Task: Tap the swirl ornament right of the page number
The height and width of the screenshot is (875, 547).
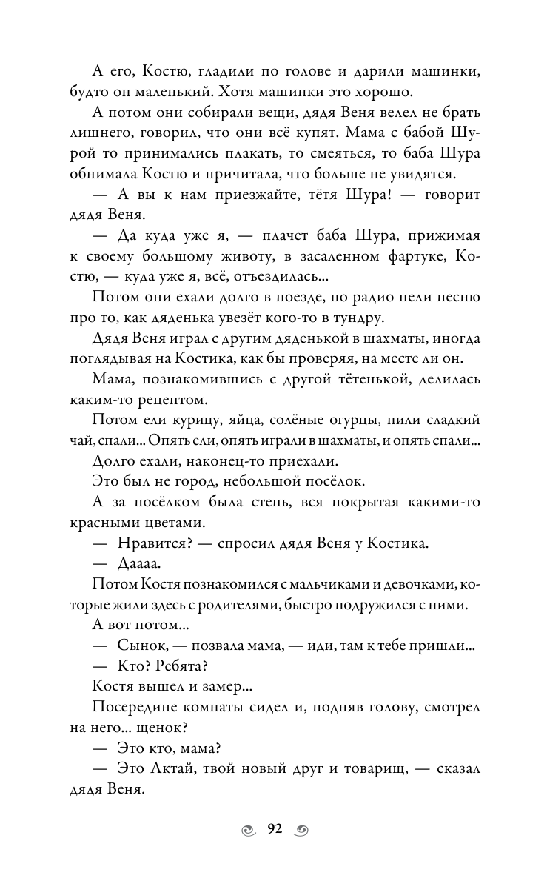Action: click(x=301, y=830)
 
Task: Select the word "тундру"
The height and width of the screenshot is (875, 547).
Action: click(x=356, y=318)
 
